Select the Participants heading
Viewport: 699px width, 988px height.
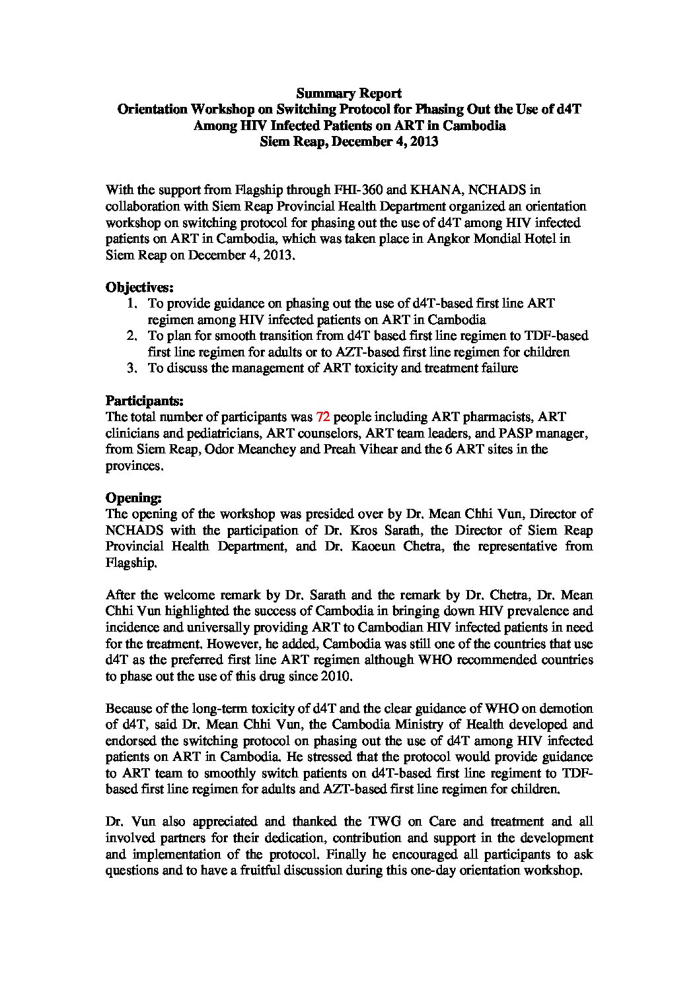[145, 401]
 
